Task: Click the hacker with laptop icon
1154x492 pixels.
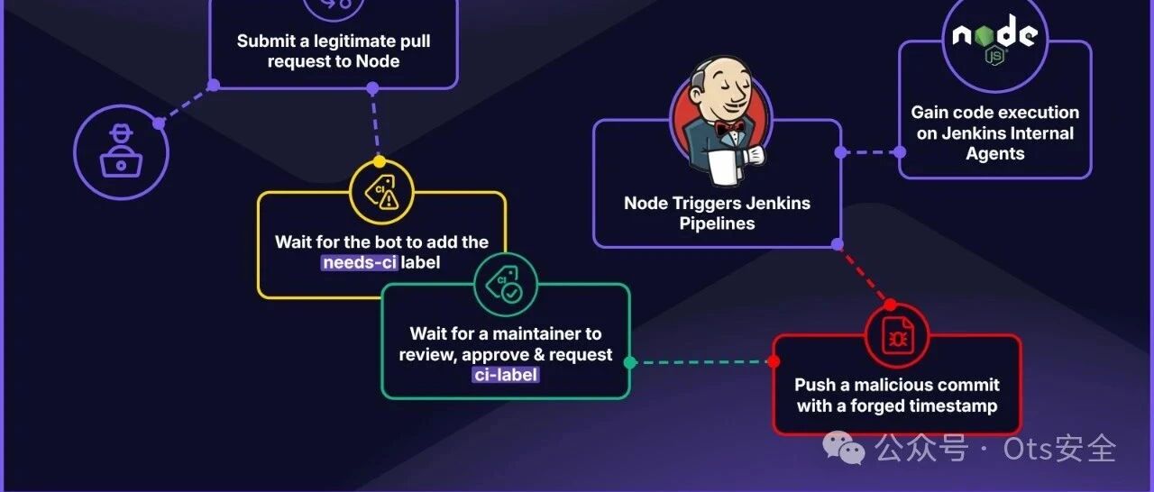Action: click(121, 151)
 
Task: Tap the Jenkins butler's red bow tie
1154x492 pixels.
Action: click(729, 128)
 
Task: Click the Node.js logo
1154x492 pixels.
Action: click(994, 40)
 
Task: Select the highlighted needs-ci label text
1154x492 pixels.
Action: click(359, 262)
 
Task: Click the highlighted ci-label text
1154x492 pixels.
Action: click(506, 375)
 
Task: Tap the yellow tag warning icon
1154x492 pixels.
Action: click(381, 192)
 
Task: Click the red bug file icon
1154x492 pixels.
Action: click(897, 335)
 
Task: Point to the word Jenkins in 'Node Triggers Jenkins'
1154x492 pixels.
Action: click(778, 204)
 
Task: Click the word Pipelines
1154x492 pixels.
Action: click(717, 223)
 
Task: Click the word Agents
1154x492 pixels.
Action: click(994, 154)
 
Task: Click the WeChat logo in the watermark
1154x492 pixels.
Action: click(843, 447)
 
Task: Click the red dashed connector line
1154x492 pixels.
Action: click(864, 275)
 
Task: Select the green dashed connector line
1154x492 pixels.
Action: click(701, 362)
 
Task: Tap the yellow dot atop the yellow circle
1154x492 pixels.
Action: click(380, 161)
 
